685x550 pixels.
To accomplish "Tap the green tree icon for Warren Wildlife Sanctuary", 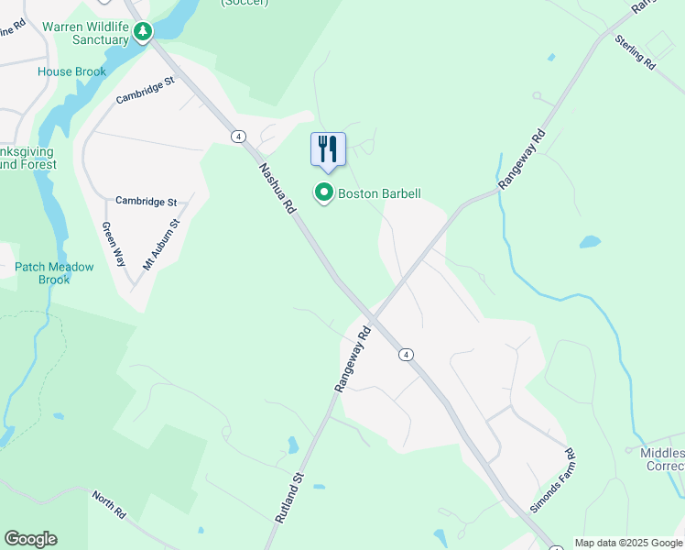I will (142, 32).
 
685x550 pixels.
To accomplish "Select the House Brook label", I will (71, 71).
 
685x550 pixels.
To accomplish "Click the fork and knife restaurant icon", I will (329, 149).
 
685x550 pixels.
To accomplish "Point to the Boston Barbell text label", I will (379, 193).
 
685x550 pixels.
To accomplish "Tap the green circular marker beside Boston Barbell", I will (323, 193).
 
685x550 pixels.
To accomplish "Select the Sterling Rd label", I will (635, 53).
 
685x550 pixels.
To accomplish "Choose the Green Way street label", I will (114, 243).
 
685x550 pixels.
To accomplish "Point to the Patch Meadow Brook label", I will (54, 273).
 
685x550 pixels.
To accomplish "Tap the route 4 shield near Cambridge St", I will (238, 137).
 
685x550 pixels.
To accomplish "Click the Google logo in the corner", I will (30, 539).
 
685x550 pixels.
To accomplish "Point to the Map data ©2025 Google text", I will (629, 543).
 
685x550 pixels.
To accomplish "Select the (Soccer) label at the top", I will (245, 3).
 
